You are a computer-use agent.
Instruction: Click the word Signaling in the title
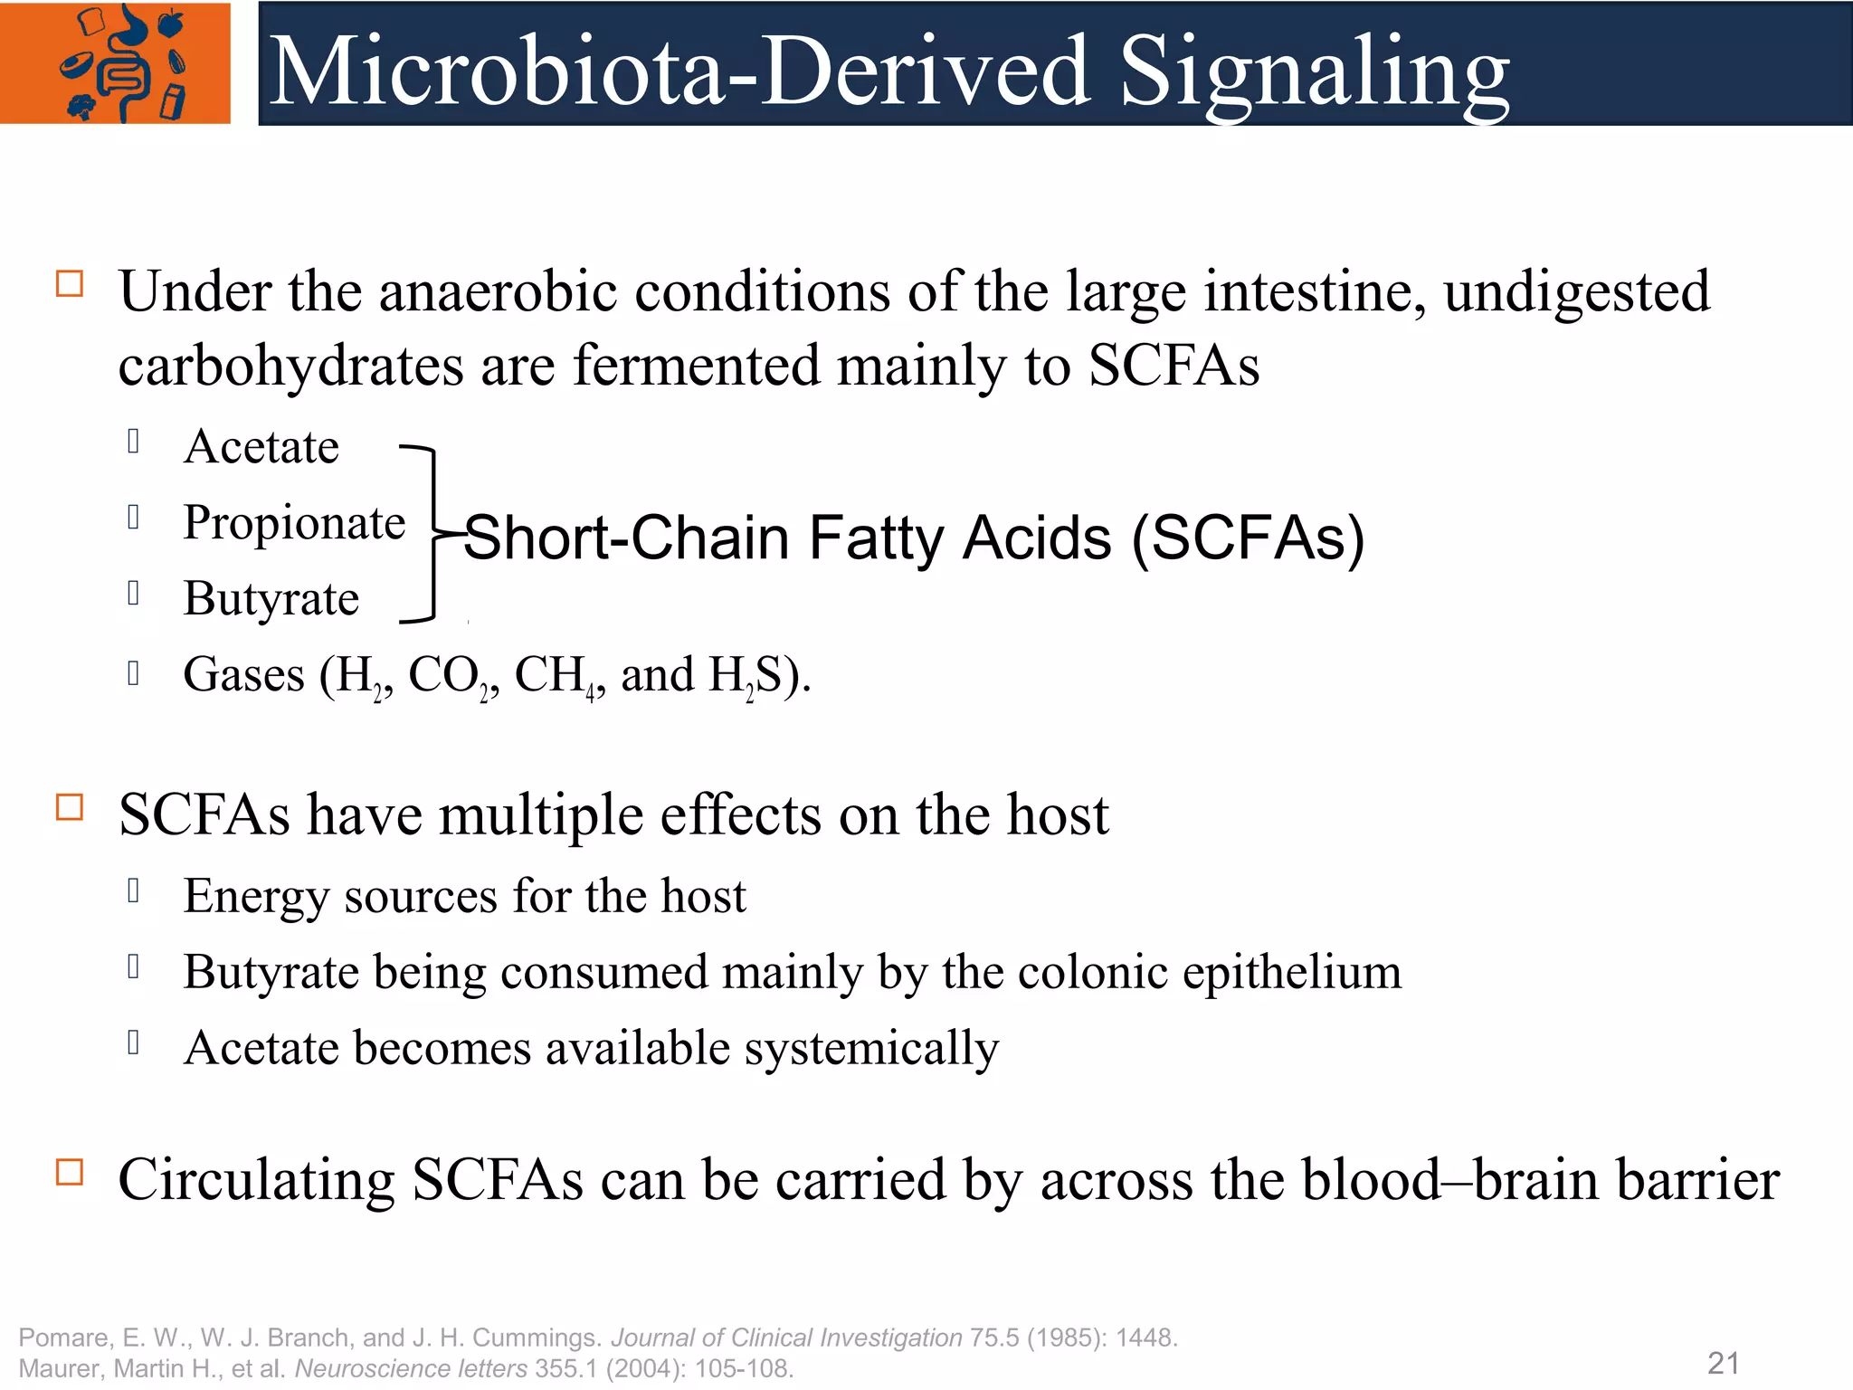tap(1314, 72)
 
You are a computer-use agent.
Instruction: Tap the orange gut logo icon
tap(116, 63)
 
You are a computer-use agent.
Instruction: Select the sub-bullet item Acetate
tap(261, 447)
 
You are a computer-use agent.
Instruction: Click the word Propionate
tap(294, 523)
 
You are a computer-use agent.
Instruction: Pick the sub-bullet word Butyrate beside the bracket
tap(271, 599)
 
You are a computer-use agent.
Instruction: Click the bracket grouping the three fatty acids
tap(432, 534)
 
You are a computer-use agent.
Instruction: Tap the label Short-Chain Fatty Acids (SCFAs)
tap(914, 538)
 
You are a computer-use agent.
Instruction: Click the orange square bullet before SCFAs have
tap(70, 807)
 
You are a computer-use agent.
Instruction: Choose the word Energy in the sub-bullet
tap(255, 898)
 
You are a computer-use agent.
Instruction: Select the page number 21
tap(1723, 1363)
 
